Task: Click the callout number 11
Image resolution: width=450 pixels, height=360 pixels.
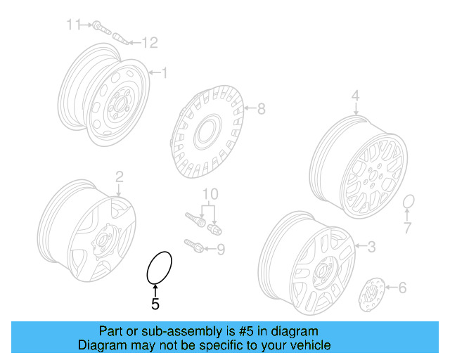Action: pyautogui.click(x=74, y=25)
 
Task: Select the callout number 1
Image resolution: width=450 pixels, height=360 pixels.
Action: pyautogui.click(x=165, y=72)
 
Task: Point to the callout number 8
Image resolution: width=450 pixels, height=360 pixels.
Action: pyautogui.click(x=261, y=109)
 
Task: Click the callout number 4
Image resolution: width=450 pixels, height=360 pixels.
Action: pyautogui.click(x=355, y=96)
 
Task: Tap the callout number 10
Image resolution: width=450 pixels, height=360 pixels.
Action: pyautogui.click(x=210, y=194)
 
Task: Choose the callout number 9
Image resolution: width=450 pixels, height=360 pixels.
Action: pyautogui.click(x=220, y=248)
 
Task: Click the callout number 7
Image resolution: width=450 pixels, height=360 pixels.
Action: pyautogui.click(x=406, y=227)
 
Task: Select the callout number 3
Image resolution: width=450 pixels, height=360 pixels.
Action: pyautogui.click(x=372, y=246)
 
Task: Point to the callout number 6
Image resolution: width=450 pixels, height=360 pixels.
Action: pyautogui.click(x=402, y=287)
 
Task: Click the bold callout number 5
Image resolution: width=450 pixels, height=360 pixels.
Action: pyautogui.click(x=155, y=304)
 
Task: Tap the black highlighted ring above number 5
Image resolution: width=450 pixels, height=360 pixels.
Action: pyautogui.click(x=158, y=267)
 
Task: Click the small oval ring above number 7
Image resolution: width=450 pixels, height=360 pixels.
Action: pyautogui.click(x=408, y=204)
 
